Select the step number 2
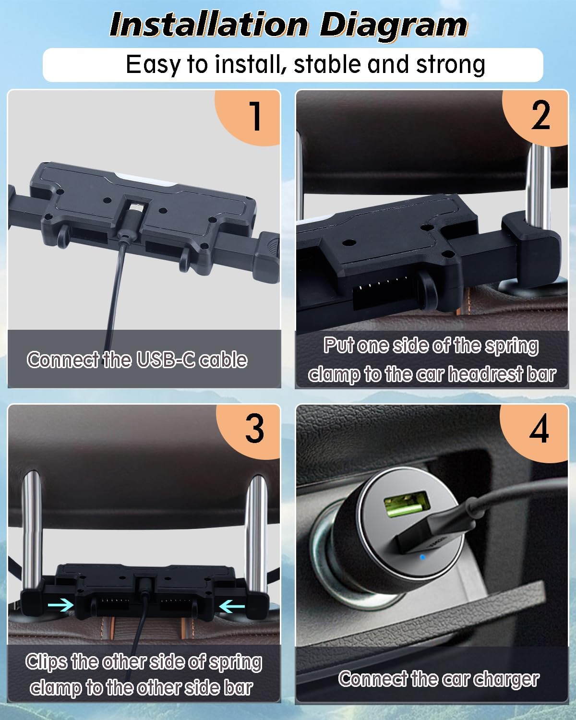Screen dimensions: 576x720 point(540,115)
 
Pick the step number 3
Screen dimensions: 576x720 point(255,428)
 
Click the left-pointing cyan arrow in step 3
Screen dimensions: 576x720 point(232,605)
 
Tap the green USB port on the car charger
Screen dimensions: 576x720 point(407,504)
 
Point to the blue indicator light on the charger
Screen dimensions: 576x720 point(422,557)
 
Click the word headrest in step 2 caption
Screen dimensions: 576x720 point(485,374)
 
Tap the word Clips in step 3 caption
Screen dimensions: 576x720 point(46,662)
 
